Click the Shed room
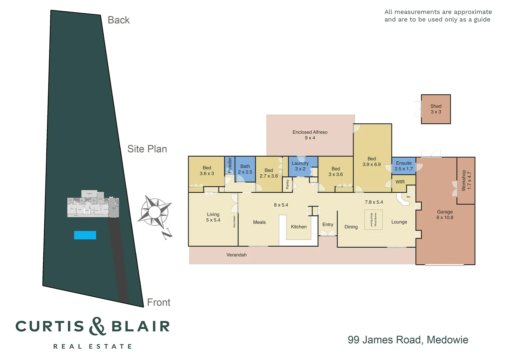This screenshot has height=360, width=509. click(436, 109)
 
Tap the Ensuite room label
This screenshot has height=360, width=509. click(404, 166)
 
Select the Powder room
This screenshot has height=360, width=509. click(230, 166)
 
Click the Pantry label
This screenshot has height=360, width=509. click(287, 184)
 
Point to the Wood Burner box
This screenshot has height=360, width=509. click(373, 220)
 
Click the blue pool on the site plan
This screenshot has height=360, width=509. click(85, 235)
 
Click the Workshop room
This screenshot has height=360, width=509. click(466, 181)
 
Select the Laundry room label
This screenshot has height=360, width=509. click(300, 166)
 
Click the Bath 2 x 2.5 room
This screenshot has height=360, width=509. click(245, 169)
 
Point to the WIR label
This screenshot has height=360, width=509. click(400, 182)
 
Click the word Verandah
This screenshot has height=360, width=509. click(237, 255)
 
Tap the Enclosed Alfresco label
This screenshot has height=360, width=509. click(310, 135)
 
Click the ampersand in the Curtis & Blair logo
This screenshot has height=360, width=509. click(97, 326)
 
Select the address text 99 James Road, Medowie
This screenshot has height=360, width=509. click(408, 340)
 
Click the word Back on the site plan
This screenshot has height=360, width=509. click(119, 20)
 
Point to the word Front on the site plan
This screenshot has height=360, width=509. click(159, 302)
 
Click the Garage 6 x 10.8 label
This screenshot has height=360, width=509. click(445, 215)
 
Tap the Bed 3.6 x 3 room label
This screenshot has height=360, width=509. click(207, 171)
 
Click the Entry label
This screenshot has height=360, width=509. click(328, 225)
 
